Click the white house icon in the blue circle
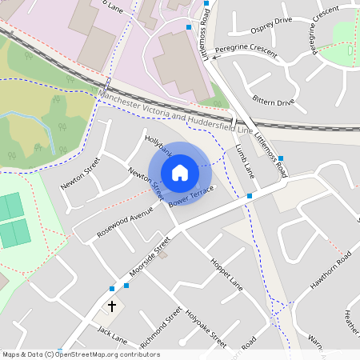pos(180,172)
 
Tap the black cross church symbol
pos(111,306)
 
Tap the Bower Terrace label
pos(191,196)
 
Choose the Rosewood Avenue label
pos(124,222)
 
